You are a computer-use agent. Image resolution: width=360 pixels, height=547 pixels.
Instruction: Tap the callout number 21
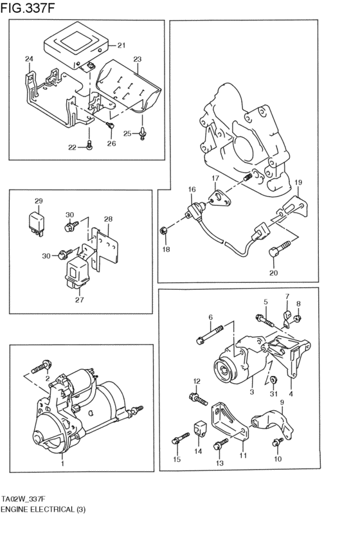(122, 46)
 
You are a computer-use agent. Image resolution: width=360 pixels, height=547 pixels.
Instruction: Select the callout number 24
(28, 60)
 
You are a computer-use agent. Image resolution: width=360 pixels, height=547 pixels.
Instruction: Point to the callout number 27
(80, 299)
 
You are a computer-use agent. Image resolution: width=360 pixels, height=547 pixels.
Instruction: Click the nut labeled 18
(165, 231)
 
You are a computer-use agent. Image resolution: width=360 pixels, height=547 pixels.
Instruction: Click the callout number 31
(273, 394)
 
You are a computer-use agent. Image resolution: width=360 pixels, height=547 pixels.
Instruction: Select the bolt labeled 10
(278, 442)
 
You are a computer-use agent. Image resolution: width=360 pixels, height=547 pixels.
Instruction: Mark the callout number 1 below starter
(62, 463)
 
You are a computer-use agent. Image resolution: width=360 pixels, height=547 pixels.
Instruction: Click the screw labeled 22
(90, 147)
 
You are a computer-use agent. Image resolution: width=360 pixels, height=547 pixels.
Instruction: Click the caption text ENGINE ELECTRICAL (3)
(43, 508)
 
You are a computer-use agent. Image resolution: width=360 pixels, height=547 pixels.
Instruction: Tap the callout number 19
(298, 183)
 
